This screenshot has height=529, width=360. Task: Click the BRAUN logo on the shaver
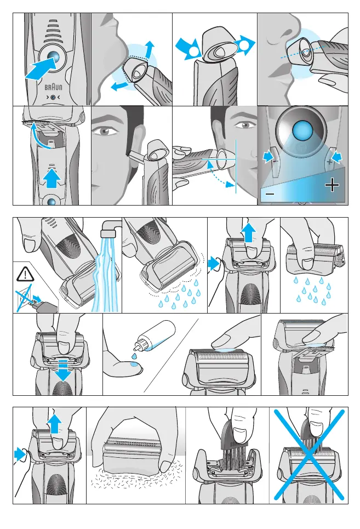click(x=53, y=87)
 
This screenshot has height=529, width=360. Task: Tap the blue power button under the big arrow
click(x=54, y=57)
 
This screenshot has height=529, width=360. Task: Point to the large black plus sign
click(x=332, y=185)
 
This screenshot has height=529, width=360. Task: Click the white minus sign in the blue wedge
click(x=270, y=194)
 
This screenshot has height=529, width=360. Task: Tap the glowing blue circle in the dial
click(x=302, y=130)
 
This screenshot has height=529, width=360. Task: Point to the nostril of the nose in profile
click(x=287, y=34)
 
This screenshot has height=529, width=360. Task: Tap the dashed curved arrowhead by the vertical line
click(x=231, y=185)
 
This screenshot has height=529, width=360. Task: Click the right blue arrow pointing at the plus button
click(x=336, y=157)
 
